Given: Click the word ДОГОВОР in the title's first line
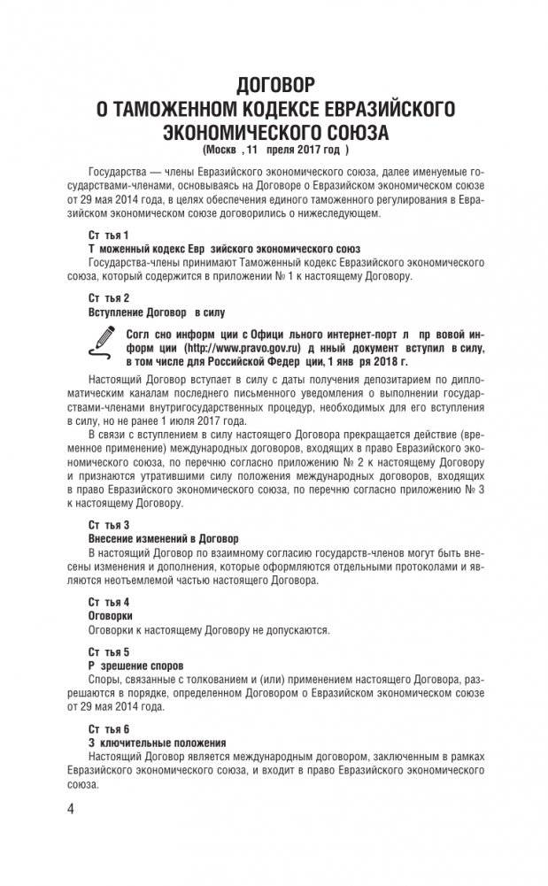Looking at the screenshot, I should click(275, 86).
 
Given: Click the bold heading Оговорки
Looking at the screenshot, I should click(111, 613).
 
